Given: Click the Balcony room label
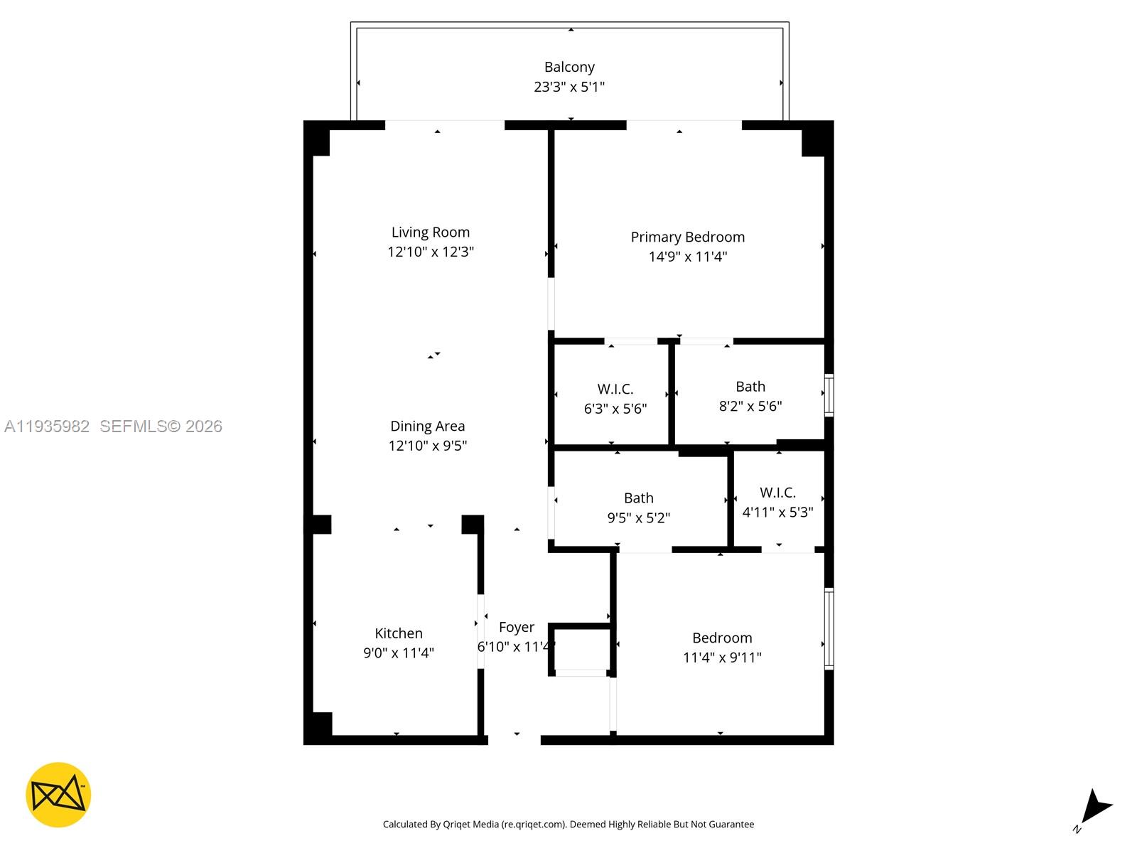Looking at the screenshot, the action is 568,68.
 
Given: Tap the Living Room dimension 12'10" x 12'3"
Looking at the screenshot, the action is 430,252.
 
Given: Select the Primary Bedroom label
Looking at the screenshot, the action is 687,237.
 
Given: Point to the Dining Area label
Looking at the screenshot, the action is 427,426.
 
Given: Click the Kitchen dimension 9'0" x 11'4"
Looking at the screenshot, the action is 399,653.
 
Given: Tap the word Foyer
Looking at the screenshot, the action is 516,627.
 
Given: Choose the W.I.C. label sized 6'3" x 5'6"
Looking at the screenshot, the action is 615,389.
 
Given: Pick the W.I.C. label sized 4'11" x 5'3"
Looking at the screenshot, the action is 777,493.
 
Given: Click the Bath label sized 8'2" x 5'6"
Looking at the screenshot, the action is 750,387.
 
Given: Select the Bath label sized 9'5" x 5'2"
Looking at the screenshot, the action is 638,498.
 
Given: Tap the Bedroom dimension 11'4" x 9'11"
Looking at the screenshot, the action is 721,658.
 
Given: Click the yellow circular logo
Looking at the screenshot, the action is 58,795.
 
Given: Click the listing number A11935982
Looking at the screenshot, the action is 47,426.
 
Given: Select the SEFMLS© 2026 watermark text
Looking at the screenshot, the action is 161,426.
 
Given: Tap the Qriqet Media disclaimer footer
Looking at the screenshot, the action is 568,824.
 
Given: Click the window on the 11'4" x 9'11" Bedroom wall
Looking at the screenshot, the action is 829,628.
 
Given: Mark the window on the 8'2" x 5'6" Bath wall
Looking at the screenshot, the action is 829,395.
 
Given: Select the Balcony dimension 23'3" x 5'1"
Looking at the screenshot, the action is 568,87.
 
